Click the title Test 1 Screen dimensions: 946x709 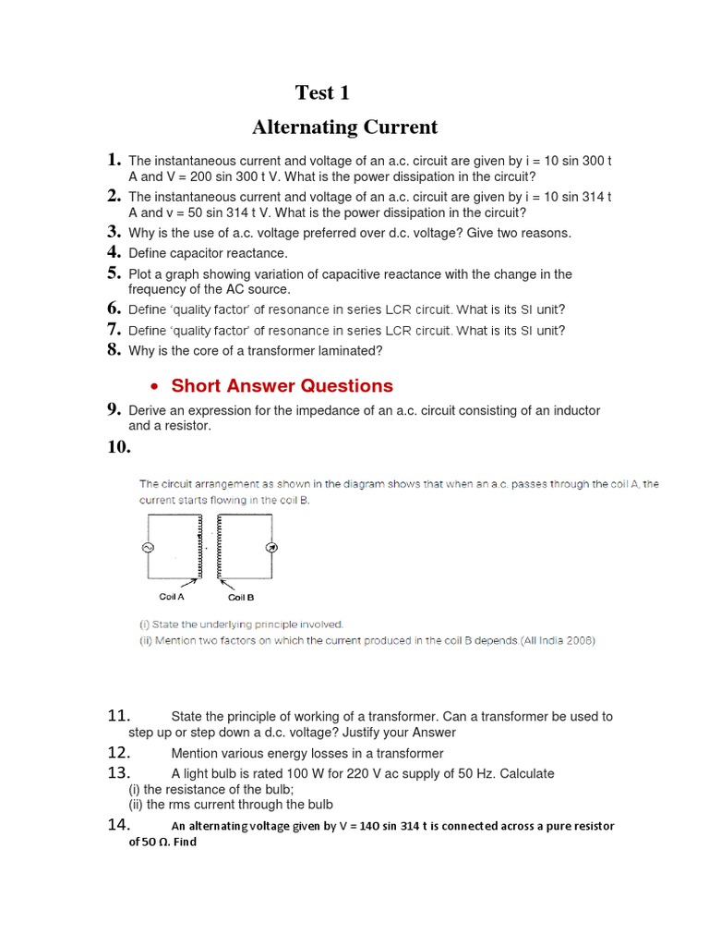point(322,92)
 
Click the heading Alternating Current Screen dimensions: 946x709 point(344,127)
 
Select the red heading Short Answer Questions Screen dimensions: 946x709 point(282,386)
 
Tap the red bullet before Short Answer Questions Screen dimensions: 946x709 point(154,387)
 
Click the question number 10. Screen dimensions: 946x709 point(119,447)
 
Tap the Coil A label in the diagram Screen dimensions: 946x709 point(172,597)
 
